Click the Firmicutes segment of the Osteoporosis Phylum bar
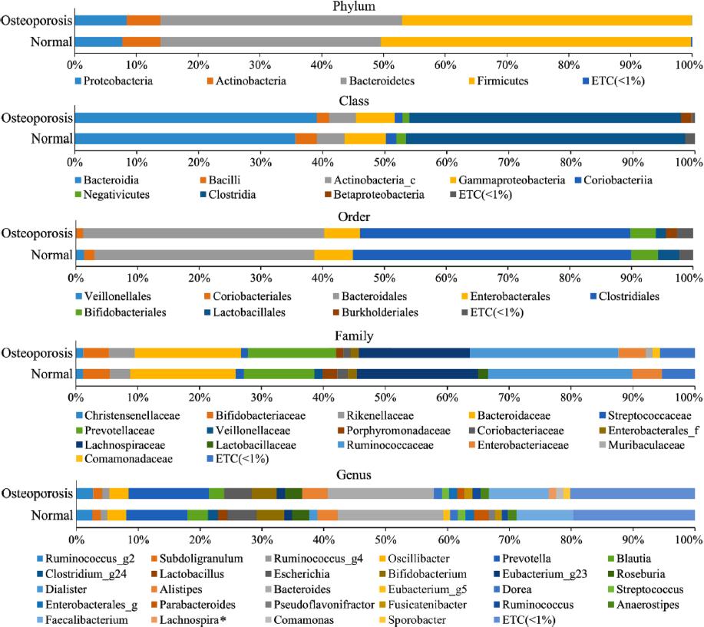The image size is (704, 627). tap(547, 21)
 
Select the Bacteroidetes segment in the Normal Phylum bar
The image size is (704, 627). tap(270, 41)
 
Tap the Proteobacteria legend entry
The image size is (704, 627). tap(117, 80)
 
